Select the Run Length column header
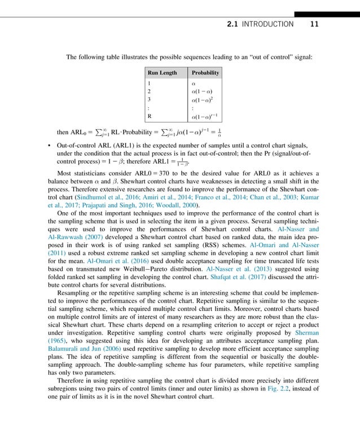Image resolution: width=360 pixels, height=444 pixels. [162, 73]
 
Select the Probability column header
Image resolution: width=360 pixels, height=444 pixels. [205, 73]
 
